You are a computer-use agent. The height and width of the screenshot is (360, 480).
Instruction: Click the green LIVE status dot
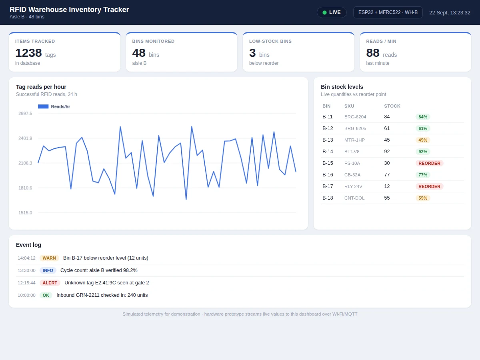324,12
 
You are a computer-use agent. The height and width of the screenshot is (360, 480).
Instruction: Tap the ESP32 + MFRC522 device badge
388,12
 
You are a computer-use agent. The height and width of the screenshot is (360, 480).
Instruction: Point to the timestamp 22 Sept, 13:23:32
450,13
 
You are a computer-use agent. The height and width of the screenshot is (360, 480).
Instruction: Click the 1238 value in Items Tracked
28,53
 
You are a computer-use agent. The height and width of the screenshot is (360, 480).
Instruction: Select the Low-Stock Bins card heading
270,41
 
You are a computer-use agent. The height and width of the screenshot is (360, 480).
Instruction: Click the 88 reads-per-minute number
373,53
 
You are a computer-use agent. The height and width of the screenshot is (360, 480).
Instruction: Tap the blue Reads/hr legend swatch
43,106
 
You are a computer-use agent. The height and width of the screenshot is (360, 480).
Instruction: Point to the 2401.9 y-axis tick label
25,138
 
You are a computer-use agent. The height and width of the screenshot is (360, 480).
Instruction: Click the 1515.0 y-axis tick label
25,212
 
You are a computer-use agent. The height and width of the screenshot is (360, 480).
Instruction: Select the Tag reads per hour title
41,87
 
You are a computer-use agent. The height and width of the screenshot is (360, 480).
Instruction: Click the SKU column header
349,106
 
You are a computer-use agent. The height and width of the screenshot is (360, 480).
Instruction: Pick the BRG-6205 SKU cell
355,128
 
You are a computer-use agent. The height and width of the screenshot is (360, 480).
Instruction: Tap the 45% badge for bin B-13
423,140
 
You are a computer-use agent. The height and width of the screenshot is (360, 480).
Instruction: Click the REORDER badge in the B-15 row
429,163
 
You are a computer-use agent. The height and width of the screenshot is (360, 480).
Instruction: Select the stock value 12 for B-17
387,186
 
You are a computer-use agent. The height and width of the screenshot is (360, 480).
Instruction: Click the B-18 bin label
328,198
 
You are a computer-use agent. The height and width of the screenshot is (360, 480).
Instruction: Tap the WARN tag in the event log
49,258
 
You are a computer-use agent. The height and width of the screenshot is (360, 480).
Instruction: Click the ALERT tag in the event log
50,283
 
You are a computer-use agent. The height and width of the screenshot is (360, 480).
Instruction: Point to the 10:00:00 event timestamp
26,295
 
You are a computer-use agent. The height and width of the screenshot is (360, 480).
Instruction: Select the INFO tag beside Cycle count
48,270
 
